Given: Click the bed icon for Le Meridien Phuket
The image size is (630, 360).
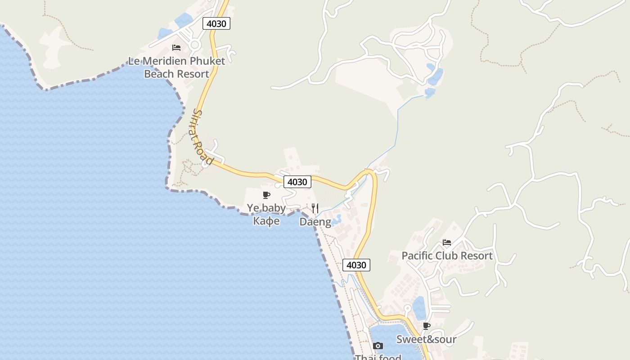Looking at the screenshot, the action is click(x=176, y=47).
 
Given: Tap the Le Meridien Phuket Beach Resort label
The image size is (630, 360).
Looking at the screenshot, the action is click(x=176, y=67).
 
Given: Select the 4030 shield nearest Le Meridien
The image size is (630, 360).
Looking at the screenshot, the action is click(x=216, y=23).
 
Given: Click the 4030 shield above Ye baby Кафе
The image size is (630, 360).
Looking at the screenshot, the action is click(x=297, y=182).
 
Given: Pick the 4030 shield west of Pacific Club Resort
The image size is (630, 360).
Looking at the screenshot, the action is click(x=356, y=265).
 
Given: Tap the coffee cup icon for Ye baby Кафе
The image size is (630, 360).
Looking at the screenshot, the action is click(x=266, y=195).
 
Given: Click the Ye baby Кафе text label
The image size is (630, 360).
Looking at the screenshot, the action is click(x=266, y=214).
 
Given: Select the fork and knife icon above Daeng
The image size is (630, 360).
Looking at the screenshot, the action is click(x=315, y=208).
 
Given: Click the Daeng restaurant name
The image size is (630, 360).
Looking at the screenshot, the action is click(x=315, y=222).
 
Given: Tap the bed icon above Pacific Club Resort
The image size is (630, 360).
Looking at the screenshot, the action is click(x=446, y=243).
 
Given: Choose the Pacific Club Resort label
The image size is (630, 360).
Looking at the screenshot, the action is click(x=447, y=256).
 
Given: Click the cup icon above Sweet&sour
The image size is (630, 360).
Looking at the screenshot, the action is click(x=426, y=326).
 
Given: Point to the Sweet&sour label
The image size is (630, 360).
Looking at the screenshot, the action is click(x=426, y=339).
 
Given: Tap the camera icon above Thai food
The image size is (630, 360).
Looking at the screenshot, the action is click(x=378, y=346).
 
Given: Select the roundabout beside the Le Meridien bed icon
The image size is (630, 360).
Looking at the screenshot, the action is click(x=194, y=45).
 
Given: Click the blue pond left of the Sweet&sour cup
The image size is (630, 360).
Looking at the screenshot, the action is click(x=419, y=308).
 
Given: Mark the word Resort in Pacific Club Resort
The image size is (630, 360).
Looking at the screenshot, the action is click(x=476, y=256).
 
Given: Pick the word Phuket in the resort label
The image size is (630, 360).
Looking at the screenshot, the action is click(x=207, y=61).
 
